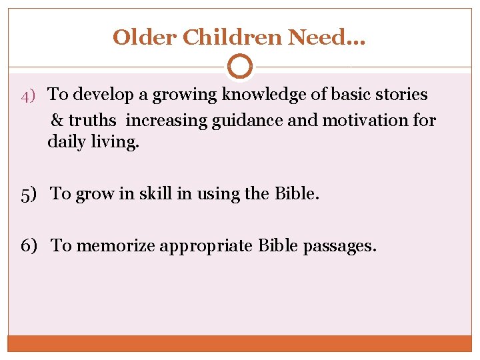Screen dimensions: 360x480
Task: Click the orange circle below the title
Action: [x=240, y=67]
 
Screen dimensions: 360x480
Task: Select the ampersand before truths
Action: [x=57, y=121]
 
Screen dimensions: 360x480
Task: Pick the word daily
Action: [x=67, y=142]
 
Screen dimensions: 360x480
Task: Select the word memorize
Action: [x=113, y=246]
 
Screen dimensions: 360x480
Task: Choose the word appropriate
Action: [x=211, y=247]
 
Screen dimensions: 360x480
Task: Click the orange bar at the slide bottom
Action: [x=240, y=343]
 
